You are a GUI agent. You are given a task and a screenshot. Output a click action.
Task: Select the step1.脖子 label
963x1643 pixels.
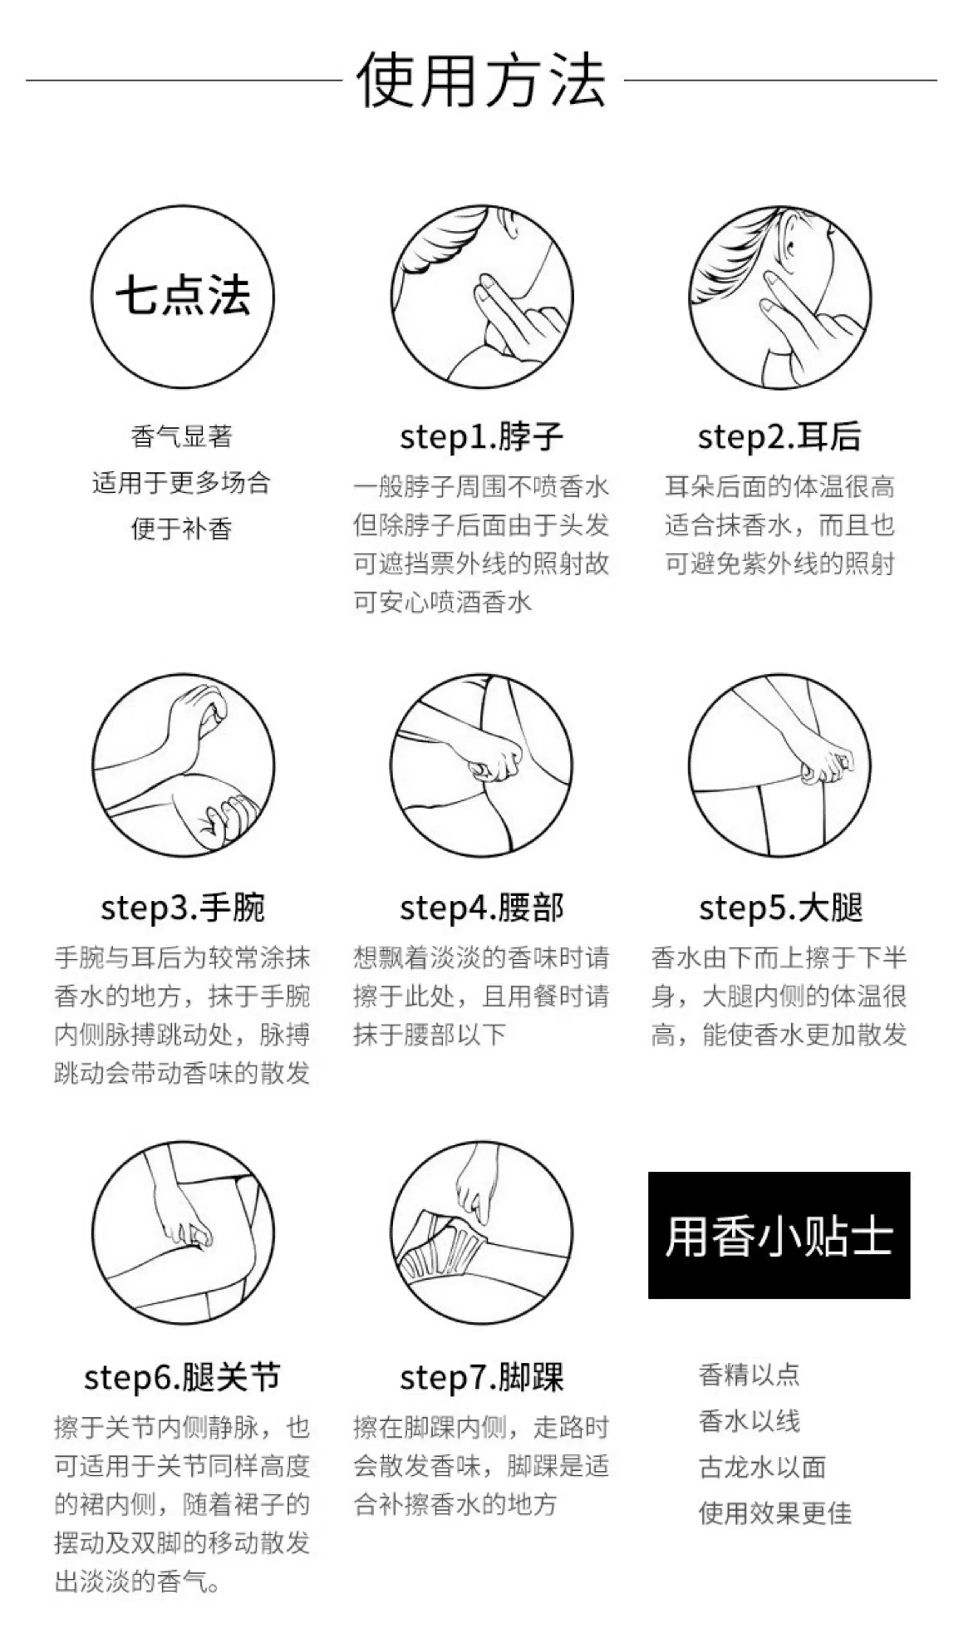tap(481, 437)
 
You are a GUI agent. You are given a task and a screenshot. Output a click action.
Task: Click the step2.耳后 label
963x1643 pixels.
tap(779, 437)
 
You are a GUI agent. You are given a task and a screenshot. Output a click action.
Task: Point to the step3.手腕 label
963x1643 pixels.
tap(183, 908)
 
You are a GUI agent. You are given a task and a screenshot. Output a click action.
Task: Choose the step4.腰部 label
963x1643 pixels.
tap(481, 908)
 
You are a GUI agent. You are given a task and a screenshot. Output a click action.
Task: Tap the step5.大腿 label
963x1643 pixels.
tap(780, 908)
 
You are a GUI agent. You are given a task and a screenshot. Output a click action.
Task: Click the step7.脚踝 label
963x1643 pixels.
tap(481, 1377)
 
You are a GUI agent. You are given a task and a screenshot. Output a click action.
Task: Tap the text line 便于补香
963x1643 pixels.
tap(182, 528)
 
